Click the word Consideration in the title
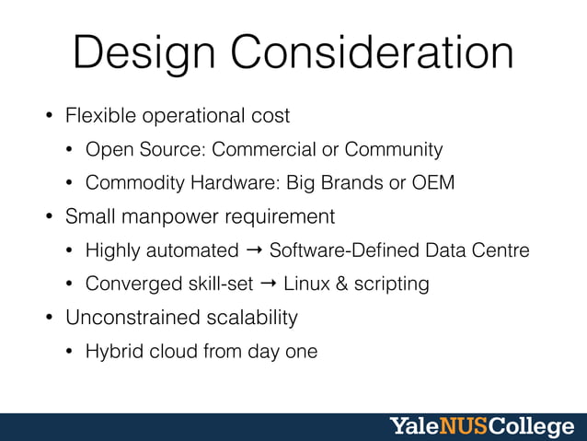point(372,52)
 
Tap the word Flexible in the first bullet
point(100,116)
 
